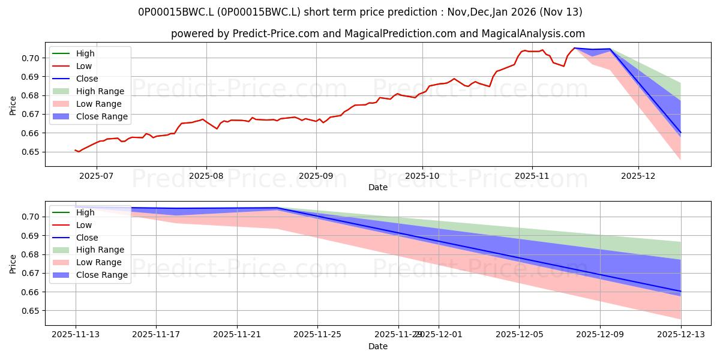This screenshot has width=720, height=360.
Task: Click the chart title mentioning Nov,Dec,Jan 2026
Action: (360, 12)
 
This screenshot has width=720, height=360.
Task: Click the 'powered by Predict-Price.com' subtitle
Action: (378, 34)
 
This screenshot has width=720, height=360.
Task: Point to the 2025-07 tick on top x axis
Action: (97, 176)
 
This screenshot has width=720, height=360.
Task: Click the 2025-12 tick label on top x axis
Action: (638, 176)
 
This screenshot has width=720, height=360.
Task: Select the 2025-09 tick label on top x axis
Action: (316, 176)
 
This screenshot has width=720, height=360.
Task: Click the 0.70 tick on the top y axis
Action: (32, 58)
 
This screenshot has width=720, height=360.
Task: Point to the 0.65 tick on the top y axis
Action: (32, 152)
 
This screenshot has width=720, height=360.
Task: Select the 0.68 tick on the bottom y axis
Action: (32, 254)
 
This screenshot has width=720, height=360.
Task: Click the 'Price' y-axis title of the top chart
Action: (13, 105)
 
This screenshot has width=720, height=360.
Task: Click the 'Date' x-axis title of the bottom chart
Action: (378, 347)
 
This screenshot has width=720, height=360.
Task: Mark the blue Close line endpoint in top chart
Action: (680, 132)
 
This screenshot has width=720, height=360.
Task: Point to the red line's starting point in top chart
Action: (75, 150)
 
